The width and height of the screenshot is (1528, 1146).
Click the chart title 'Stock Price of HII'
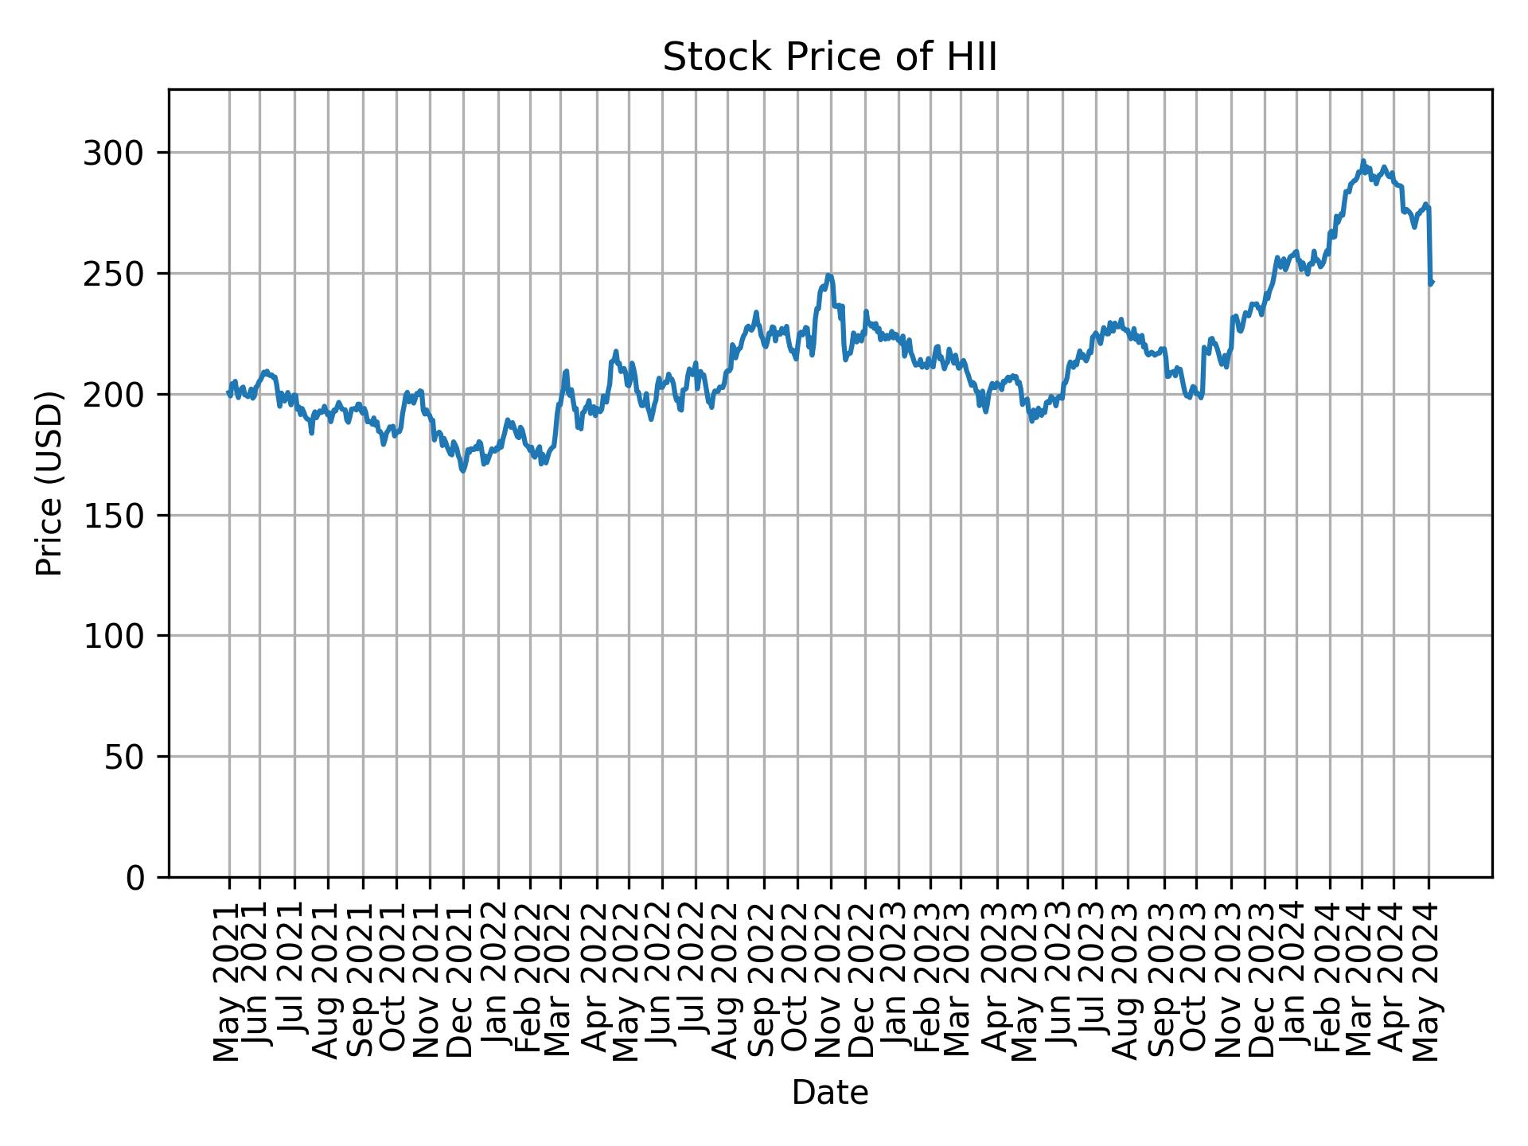coord(829,58)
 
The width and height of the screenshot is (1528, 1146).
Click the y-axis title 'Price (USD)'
coord(49,482)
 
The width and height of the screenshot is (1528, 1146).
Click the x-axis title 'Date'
coord(829,1093)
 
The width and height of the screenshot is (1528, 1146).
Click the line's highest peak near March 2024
coord(1363,161)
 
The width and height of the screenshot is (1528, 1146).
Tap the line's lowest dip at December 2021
coord(462,471)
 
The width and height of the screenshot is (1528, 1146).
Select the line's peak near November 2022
coord(829,275)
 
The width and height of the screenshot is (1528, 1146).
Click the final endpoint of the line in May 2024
coord(1431,283)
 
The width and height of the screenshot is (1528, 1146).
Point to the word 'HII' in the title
coord(971,58)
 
